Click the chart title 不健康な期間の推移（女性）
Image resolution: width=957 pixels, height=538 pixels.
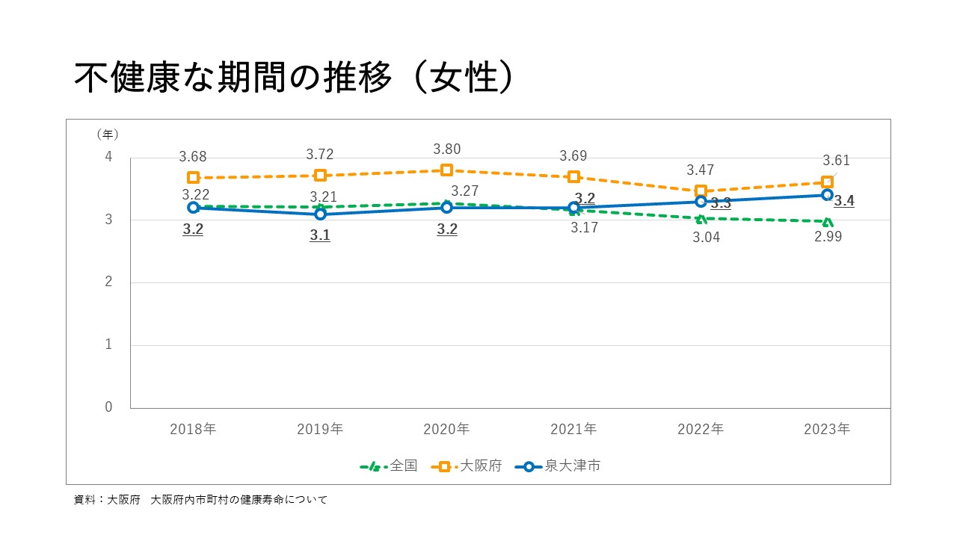[293, 78]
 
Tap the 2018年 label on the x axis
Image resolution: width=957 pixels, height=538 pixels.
[193, 430]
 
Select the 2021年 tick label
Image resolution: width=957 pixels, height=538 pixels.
[573, 430]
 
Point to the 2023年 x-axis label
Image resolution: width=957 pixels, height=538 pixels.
[827, 430]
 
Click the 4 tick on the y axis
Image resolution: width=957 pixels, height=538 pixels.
[108, 157]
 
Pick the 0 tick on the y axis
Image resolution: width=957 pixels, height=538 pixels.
[108, 407]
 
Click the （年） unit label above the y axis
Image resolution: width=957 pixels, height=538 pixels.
[108, 134]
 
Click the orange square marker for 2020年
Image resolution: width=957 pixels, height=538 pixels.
[447, 170]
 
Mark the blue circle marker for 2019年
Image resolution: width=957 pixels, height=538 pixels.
[320, 214]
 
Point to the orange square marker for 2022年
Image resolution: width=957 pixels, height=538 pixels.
[701, 191]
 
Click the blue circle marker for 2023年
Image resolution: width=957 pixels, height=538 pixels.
[827, 195]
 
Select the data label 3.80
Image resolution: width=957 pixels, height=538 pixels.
[447, 149]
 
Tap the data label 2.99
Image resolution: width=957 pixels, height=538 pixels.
[828, 237]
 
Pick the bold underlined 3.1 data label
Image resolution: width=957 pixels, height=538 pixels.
[320, 235]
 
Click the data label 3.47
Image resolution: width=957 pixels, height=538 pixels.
[701, 170]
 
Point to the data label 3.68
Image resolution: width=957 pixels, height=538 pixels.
[193, 157]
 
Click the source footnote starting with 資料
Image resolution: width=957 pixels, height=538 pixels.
[200, 500]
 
